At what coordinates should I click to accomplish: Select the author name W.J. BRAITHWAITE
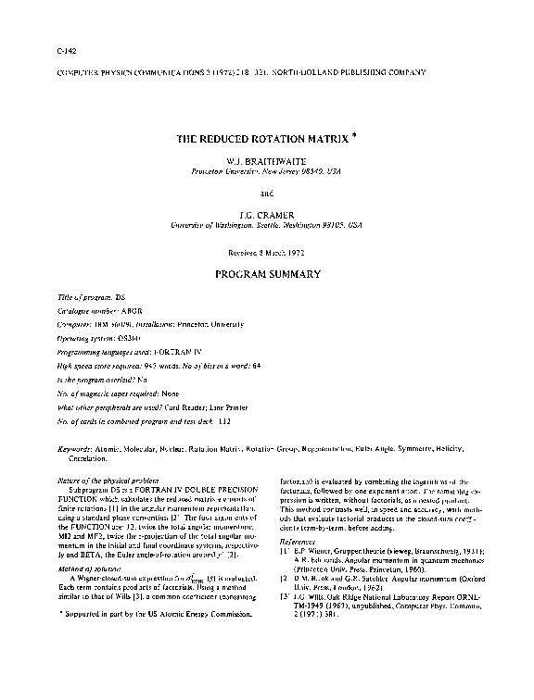pyautogui.click(x=266, y=160)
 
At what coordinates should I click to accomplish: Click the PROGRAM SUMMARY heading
pyautogui.click(x=267, y=274)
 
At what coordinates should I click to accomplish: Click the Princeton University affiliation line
pyautogui.click(x=266, y=172)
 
